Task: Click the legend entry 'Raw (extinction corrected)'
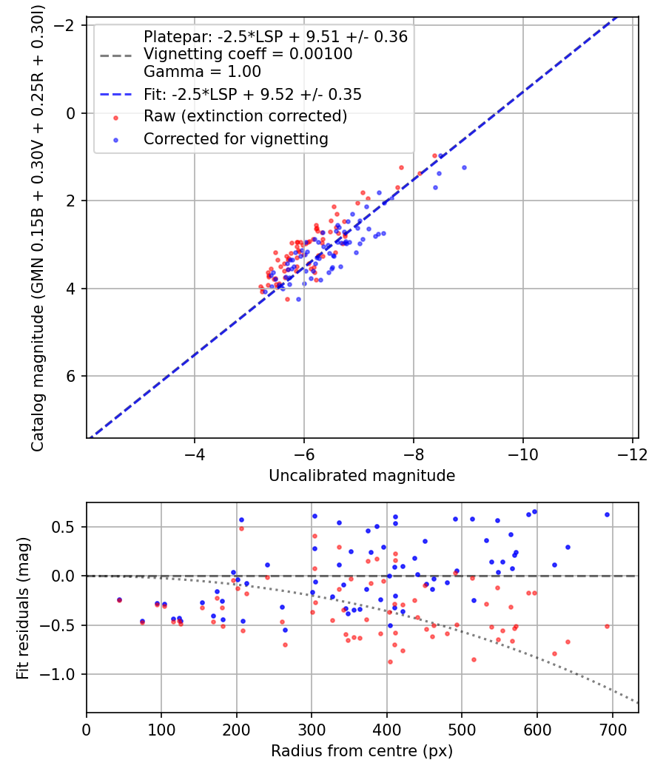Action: pos(245,116)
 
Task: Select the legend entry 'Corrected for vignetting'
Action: pos(236,138)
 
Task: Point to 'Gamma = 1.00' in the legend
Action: pos(202,72)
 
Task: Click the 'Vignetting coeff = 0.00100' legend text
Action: pos(248,54)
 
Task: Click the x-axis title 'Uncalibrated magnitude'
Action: pos(362,476)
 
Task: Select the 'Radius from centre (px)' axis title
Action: pos(362,751)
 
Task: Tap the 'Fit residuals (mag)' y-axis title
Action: pos(23,608)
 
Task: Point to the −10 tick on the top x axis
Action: pos(522,452)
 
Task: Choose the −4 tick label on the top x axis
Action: pos(195,452)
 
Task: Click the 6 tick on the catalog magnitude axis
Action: pos(71,376)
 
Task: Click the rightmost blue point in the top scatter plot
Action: pos(464,167)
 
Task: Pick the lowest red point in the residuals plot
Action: pos(390,662)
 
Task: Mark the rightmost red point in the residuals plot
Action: pos(607,626)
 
